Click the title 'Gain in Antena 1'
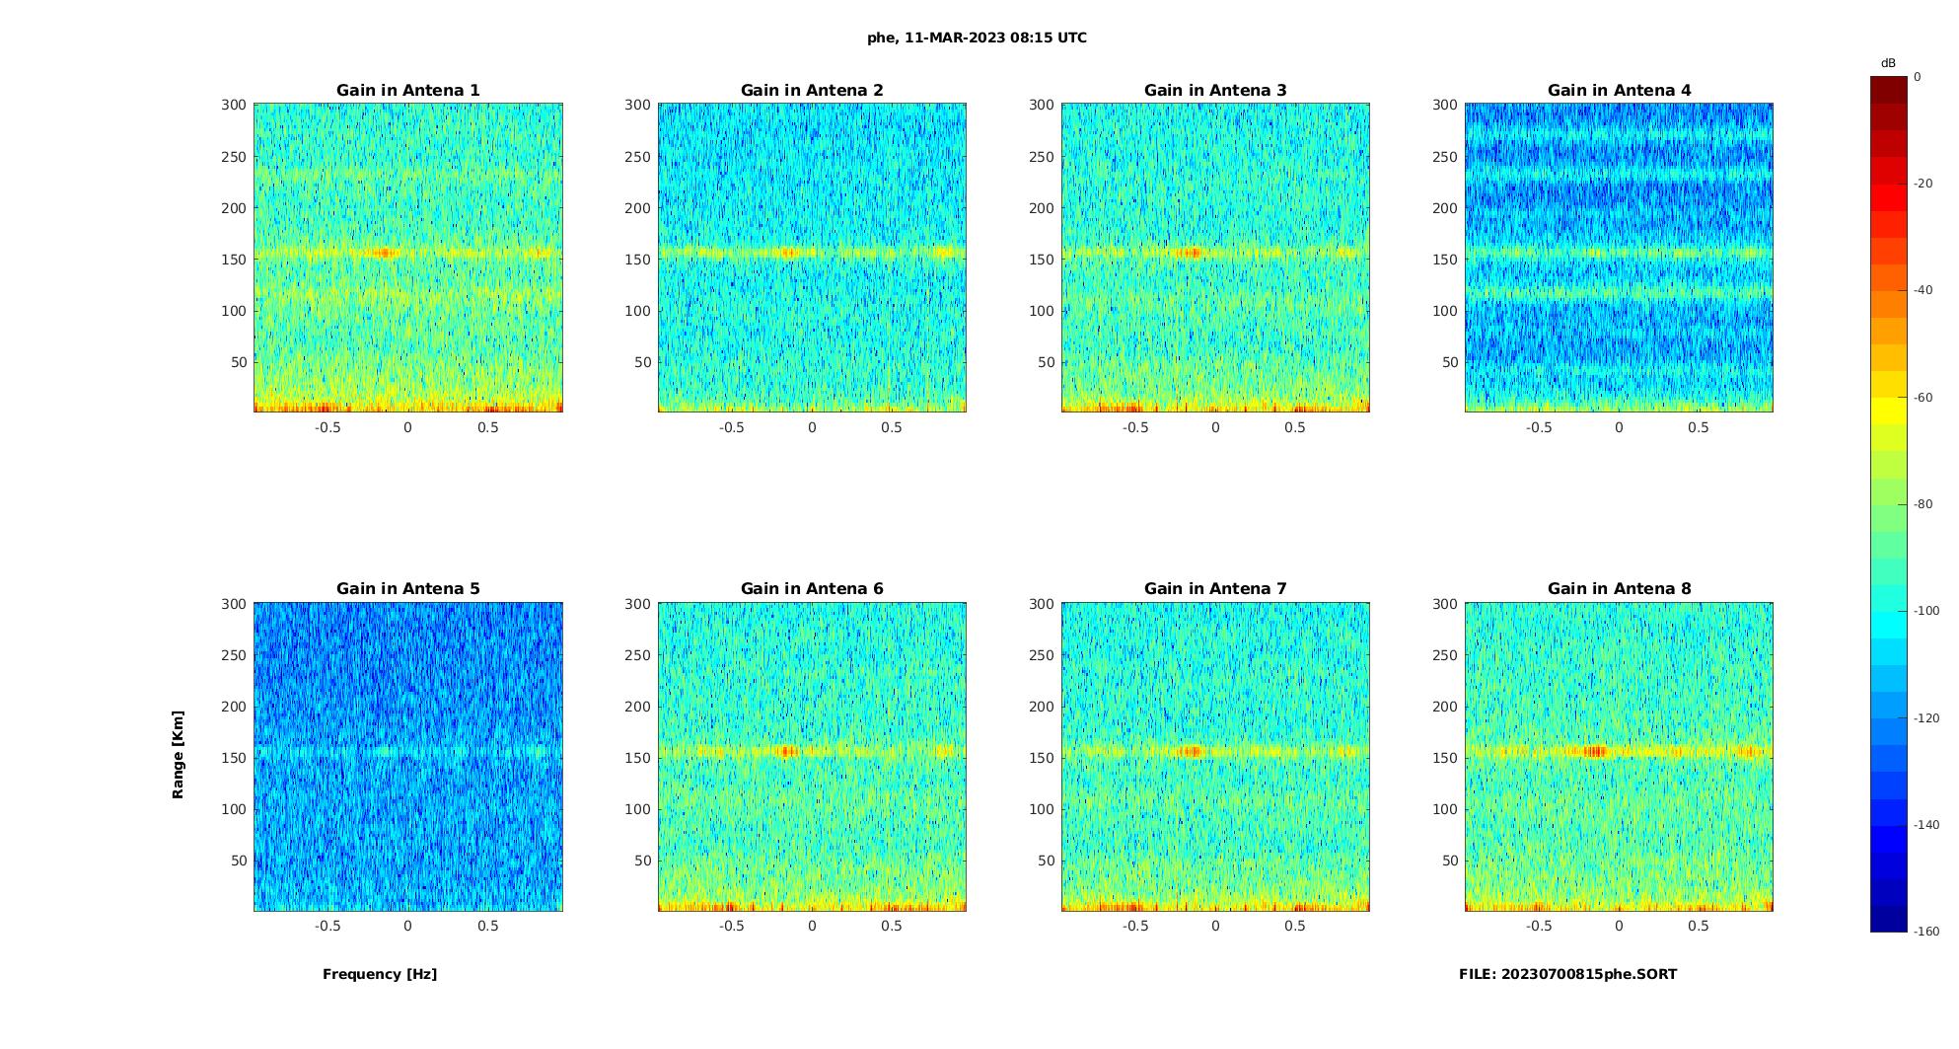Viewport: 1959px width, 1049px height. (x=407, y=91)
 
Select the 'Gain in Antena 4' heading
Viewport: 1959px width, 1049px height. (x=1619, y=91)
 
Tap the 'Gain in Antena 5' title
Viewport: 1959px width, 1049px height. (x=407, y=589)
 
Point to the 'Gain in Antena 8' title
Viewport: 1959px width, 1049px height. (x=1619, y=589)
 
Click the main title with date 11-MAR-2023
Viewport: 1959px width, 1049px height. (x=977, y=38)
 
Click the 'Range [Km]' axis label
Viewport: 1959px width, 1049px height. (x=179, y=755)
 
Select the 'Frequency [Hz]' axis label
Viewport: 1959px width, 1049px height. (x=380, y=974)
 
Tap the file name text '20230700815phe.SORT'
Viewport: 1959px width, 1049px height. (x=1588, y=974)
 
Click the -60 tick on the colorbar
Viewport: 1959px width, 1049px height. (x=1923, y=398)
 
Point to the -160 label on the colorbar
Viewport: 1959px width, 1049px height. (x=1925, y=932)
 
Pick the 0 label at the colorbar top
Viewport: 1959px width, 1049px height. (x=1918, y=77)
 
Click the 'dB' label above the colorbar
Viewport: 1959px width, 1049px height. (x=1888, y=63)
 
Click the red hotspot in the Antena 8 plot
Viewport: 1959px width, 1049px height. (x=1595, y=752)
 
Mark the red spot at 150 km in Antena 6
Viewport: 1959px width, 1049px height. (x=787, y=752)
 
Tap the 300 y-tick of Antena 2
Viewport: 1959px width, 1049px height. (x=637, y=105)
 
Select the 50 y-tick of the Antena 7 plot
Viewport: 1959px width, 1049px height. (x=1046, y=861)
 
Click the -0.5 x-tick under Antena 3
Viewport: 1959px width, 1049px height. (x=1134, y=427)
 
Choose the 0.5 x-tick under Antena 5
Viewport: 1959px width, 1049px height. (x=488, y=926)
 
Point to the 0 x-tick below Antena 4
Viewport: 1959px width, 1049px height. (x=1619, y=427)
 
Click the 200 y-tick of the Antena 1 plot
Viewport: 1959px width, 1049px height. (x=234, y=208)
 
